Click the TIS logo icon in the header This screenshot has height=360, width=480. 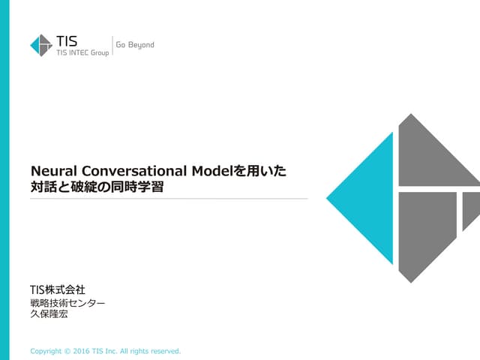click(41, 45)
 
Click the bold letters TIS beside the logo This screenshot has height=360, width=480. click(67, 40)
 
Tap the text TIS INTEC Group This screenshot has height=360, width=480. click(82, 52)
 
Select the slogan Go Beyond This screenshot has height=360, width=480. click(135, 45)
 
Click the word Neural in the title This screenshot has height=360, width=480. click(51, 171)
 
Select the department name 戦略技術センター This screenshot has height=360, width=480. click(67, 303)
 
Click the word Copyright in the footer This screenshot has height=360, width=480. click(46, 350)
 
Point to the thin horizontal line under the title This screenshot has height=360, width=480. click(169, 199)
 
